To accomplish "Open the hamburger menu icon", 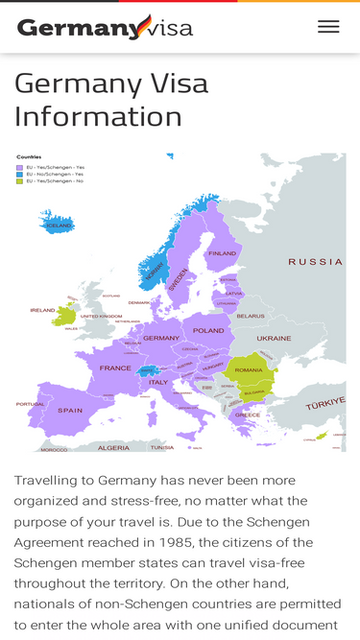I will [x=328, y=27].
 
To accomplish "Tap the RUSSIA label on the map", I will [x=315, y=261].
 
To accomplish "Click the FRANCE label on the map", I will [x=115, y=367].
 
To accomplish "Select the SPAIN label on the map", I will [x=70, y=410].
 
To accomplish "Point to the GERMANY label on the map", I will [x=161, y=338].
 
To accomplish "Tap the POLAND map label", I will [x=208, y=330].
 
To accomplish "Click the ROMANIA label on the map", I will [x=249, y=369].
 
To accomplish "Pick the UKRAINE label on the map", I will [x=274, y=338].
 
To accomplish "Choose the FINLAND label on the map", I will [x=222, y=253].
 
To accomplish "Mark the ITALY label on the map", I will [x=158, y=382].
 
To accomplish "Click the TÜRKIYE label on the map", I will [x=324, y=406].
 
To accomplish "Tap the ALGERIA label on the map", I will [x=113, y=447].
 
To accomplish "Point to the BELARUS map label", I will [x=251, y=315].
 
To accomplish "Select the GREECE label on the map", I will [x=248, y=415].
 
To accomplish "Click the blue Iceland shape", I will [x=58, y=224].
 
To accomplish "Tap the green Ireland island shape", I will [x=66, y=315].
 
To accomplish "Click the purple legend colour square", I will [x=19, y=167].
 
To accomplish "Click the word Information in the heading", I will [x=98, y=116].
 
